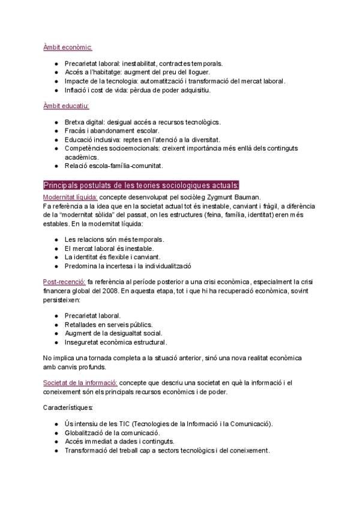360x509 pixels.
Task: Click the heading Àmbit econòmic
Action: coord(67,47)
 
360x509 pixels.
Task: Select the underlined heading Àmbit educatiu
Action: coord(66,106)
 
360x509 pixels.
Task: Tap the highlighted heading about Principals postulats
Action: coord(142,184)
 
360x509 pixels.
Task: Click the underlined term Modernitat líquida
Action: coord(70,196)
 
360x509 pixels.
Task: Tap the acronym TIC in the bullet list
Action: coord(119,424)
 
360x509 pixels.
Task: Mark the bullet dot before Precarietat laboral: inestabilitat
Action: coord(55,63)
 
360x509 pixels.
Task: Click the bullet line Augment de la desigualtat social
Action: coord(113,333)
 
